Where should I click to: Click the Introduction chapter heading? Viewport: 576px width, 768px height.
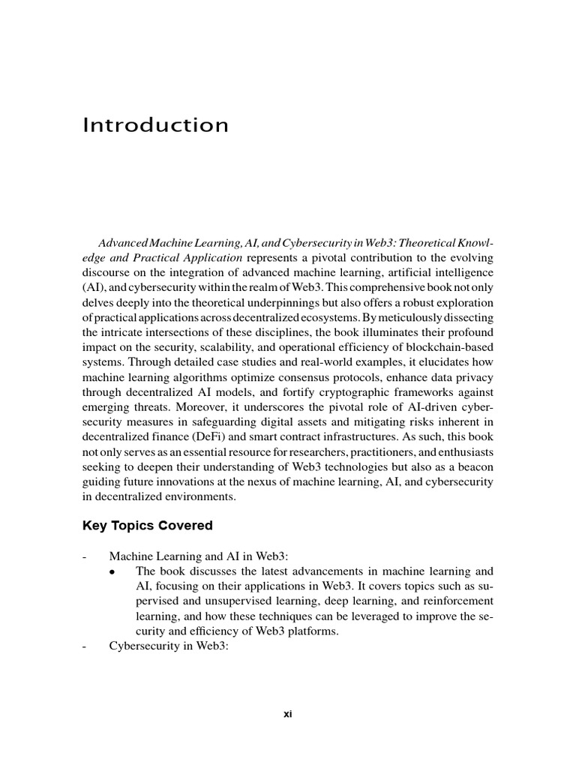pyautogui.click(x=155, y=124)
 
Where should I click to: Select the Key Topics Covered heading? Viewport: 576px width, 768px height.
pyautogui.click(x=147, y=526)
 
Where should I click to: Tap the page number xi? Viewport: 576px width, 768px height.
pyautogui.click(x=287, y=714)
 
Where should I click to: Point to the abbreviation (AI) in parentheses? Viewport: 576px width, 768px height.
pyautogui.click(x=91, y=287)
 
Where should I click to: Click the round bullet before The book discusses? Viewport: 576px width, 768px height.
pyautogui.click(x=112, y=572)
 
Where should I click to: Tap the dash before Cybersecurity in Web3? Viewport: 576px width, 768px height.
pyautogui.click(x=85, y=646)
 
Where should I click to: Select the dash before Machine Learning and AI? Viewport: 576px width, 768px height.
pyautogui.click(x=85, y=556)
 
